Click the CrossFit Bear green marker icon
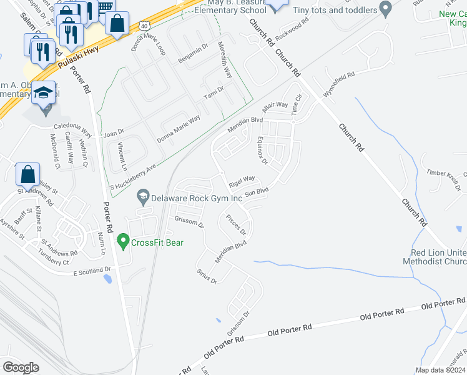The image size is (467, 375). pyautogui.click(x=123, y=241)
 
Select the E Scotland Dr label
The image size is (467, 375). pyautogui.click(x=92, y=271)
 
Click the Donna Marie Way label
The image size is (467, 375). pyautogui.click(x=179, y=129)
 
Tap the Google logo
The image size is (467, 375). pyautogui.click(x=21, y=367)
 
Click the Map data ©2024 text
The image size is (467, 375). pyautogui.click(x=440, y=370)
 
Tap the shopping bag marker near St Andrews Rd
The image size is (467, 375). pyautogui.click(x=27, y=174)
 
